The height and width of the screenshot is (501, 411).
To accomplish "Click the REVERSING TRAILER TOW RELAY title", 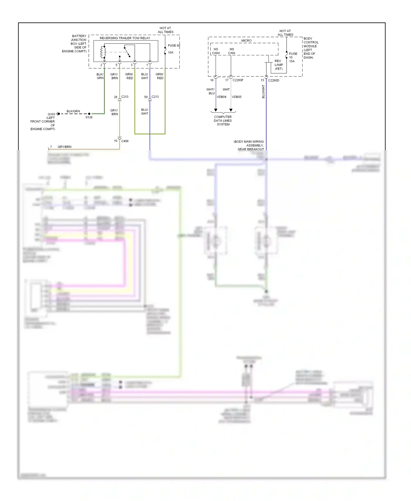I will [x=125, y=38].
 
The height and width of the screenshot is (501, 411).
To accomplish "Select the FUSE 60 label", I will [x=174, y=45].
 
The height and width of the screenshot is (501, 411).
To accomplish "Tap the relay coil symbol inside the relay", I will [x=103, y=52].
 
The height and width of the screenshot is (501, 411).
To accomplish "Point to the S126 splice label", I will [x=89, y=117].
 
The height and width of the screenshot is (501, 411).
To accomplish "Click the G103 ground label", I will [x=51, y=114].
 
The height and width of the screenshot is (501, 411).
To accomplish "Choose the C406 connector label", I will [x=125, y=141].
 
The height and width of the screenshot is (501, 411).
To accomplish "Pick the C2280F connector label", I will [x=238, y=80].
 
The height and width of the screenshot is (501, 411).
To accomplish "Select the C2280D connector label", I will [x=273, y=81].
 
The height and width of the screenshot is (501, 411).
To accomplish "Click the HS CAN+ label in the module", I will [x=216, y=51].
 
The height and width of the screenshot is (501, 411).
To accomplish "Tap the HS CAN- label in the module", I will [x=232, y=51].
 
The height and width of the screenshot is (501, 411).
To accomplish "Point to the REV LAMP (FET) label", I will [x=278, y=65].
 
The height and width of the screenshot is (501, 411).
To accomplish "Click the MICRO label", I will [x=246, y=41].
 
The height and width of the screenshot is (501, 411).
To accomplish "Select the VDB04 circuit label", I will [x=221, y=97].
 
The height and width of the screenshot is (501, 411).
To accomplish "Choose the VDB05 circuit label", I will [x=237, y=97].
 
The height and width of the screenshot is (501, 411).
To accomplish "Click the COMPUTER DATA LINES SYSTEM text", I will [x=223, y=121].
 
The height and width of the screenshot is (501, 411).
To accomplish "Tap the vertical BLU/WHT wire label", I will [x=263, y=92].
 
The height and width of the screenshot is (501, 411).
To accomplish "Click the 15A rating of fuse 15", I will [x=292, y=61].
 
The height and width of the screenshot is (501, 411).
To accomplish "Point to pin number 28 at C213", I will [x=116, y=97].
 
